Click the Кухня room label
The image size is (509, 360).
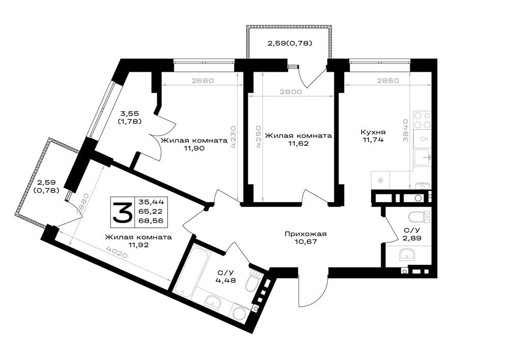click(373, 132)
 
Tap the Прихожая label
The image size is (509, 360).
click(305, 234)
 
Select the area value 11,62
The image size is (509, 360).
click(298, 143)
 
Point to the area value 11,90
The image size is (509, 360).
click(194, 148)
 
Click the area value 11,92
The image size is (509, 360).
click(138, 245)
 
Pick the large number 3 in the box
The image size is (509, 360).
click(122, 212)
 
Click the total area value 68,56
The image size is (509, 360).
click(151, 221)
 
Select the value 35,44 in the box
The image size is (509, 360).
click(151, 202)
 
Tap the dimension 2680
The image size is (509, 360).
click(203, 80)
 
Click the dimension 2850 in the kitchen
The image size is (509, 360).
click(388, 80)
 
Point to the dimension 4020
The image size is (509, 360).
click(117, 252)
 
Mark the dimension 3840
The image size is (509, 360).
click(406, 130)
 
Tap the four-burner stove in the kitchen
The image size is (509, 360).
click(422, 120)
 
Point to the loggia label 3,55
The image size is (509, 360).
click(129, 114)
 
